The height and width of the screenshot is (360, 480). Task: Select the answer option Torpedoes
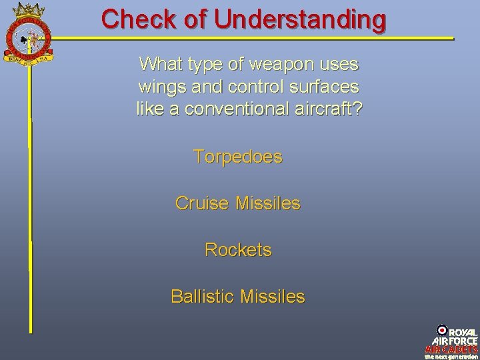tap(238, 157)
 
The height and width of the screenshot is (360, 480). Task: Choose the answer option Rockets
tap(238, 250)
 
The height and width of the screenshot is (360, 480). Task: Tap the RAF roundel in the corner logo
tap(442, 329)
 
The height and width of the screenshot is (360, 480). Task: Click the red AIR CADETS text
tap(451, 349)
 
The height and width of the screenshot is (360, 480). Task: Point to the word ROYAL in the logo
tap(463, 332)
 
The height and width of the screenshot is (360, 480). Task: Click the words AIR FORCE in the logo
tap(455, 341)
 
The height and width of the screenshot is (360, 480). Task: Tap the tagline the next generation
tap(451, 356)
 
